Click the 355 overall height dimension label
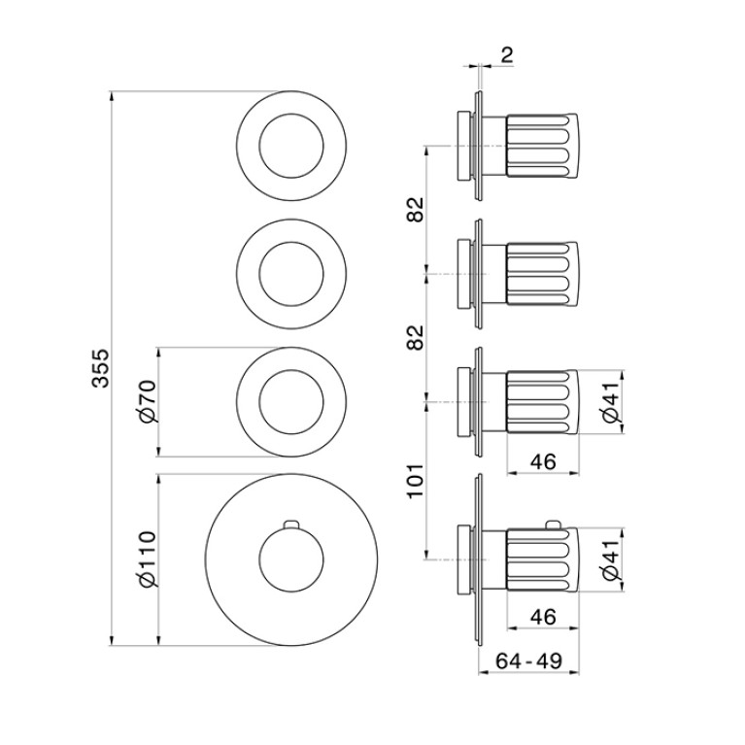[100, 368]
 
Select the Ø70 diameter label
[147, 401]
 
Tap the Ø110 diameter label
[147, 559]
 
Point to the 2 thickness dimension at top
[507, 55]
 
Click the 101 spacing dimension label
[416, 481]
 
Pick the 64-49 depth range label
[528, 660]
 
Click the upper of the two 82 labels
[416, 210]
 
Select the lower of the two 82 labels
[416, 338]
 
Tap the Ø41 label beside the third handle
[611, 402]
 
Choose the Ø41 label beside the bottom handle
[611, 559]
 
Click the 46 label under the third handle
[543, 461]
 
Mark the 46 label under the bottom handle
[543, 617]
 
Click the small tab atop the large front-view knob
[291, 525]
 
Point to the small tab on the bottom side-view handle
[551, 525]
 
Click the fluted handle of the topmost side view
[542, 146]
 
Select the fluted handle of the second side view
[542, 274]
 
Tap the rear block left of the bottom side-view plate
[464, 559]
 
